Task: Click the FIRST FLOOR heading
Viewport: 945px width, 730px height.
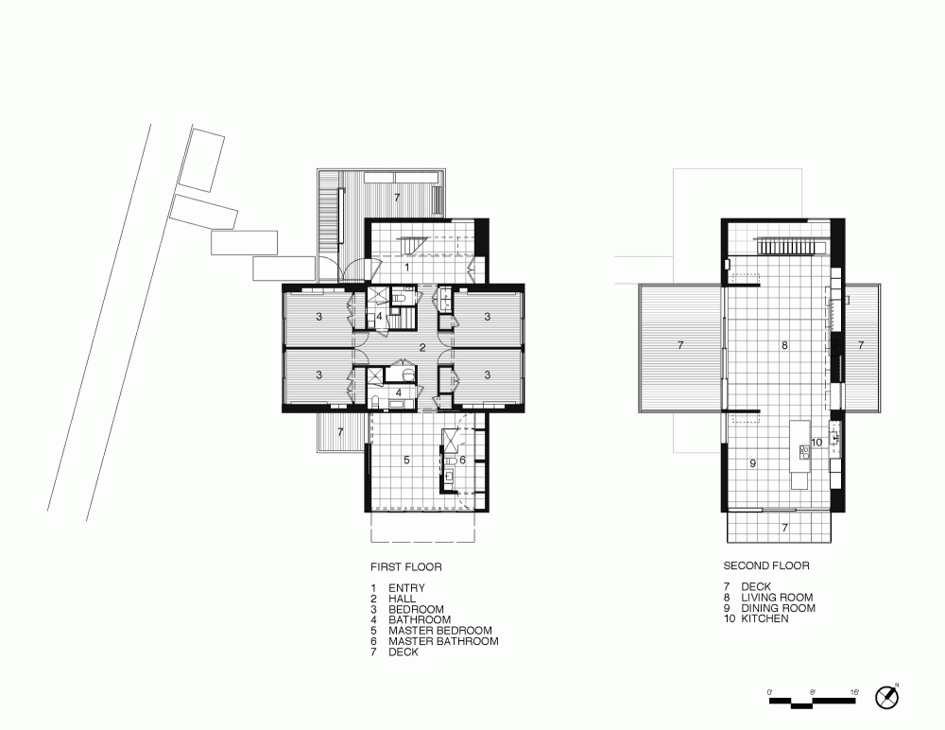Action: (x=405, y=567)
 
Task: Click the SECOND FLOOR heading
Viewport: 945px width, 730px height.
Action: (x=766, y=565)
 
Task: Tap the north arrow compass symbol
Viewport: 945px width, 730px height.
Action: (x=886, y=697)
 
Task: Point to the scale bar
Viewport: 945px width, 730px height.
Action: (x=813, y=702)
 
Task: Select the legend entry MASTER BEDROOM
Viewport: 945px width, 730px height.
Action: (x=440, y=631)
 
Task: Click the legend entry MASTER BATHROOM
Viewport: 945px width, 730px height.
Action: (x=443, y=641)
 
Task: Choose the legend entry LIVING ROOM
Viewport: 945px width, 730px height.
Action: (x=777, y=598)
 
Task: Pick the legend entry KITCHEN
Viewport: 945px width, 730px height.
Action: (x=765, y=618)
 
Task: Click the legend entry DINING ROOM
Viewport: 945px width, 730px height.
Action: (x=778, y=608)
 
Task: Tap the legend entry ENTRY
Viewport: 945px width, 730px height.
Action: (x=406, y=587)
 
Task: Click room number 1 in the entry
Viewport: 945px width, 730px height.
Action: (x=406, y=267)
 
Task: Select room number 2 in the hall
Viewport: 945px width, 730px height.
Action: (x=422, y=347)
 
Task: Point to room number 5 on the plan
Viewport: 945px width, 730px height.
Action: (x=406, y=460)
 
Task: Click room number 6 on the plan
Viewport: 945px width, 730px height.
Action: (x=462, y=460)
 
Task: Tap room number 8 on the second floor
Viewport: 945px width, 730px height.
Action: (x=784, y=345)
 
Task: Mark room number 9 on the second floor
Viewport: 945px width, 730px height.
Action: (x=753, y=463)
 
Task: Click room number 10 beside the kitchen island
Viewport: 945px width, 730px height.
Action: (x=816, y=443)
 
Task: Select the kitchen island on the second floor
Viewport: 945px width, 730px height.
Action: (x=799, y=455)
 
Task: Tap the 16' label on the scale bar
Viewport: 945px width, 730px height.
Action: (x=854, y=692)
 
